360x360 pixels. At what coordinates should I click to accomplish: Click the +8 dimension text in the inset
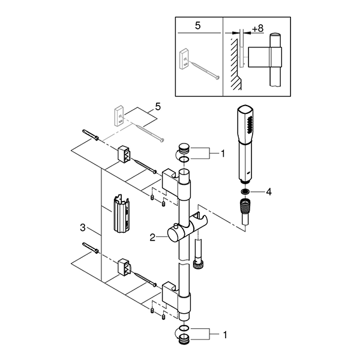pos(257,29)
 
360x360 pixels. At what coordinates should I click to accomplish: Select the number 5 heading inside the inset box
pos(197,26)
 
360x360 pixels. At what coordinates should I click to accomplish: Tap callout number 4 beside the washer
pos(269,191)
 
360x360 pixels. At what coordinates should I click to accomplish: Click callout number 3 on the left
pos(83,228)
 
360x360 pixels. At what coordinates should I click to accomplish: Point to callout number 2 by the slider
pos(152,238)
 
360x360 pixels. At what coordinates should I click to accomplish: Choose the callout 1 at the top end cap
pos(223,154)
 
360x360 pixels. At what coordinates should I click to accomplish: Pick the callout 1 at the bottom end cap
pos(225,335)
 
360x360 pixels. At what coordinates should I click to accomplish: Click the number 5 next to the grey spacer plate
pos(158,107)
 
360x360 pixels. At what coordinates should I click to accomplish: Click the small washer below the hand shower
pos(245,191)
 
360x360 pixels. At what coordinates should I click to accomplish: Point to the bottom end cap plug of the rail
pos(184,340)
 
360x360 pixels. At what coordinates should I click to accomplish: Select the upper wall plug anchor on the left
pos(91,135)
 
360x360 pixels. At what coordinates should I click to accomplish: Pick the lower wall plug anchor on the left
pos(91,248)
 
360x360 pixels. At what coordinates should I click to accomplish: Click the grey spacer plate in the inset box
pos(184,59)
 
